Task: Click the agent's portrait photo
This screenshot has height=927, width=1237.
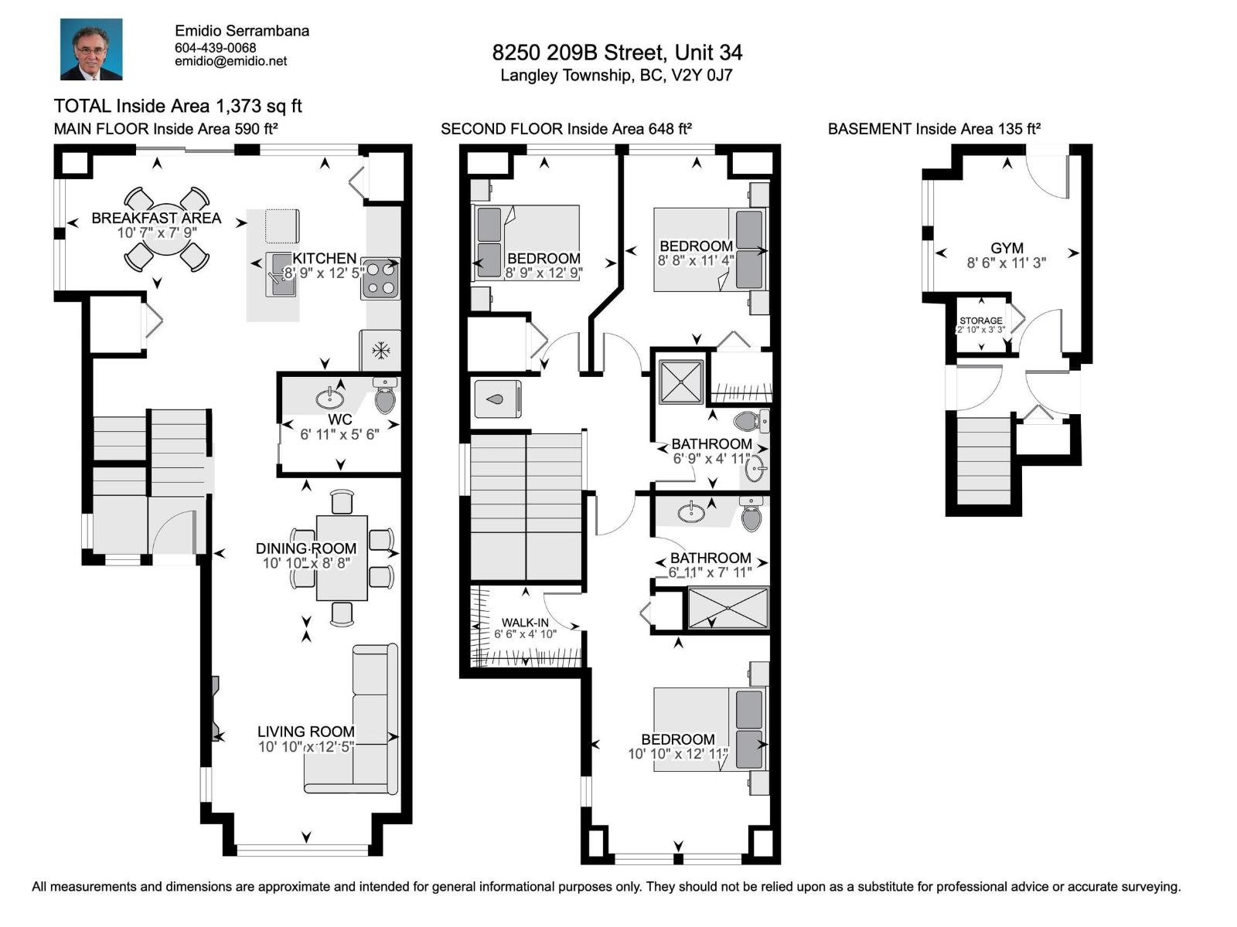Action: pyautogui.click(x=91, y=49)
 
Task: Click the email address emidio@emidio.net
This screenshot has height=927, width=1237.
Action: pyautogui.click(x=230, y=61)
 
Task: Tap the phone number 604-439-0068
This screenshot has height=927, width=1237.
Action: pyautogui.click(x=215, y=47)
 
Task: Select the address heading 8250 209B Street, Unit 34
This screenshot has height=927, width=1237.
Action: pyautogui.click(x=617, y=53)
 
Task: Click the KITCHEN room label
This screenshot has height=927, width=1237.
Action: pyautogui.click(x=324, y=258)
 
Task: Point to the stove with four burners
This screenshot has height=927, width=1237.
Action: pyautogui.click(x=380, y=279)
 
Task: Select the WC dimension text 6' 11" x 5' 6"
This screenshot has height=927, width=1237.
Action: pyautogui.click(x=339, y=434)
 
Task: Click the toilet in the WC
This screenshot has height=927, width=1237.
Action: pyautogui.click(x=384, y=398)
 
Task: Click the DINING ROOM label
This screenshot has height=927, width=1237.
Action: pyautogui.click(x=306, y=548)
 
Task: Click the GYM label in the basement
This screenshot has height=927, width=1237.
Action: pyautogui.click(x=1007, y=248)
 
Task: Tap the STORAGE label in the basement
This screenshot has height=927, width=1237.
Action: pyautogui.click(x=980, y=320)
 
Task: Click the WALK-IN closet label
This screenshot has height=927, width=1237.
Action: pyautogui.click(x=525, y=623)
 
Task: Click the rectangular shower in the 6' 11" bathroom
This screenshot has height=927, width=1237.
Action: pyautogui.click(x=728, y=608)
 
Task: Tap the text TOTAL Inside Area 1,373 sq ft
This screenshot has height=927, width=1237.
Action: pyautogui.click(x=178, y=106)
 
